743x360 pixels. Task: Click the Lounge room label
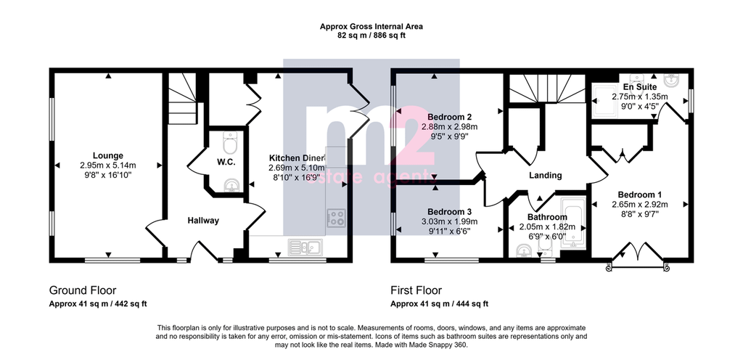[108, 155]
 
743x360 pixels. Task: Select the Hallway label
[203, 221]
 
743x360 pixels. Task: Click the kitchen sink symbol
[305, 246]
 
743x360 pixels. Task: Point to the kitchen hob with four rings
[336, 218]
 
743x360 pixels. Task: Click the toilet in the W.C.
[230, 142]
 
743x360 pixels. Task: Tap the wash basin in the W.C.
[231, 185]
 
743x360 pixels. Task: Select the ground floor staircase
[182, 99]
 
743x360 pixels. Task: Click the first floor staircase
[546, 88]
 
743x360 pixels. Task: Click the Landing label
[545, 176]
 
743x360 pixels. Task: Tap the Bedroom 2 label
[449, 117]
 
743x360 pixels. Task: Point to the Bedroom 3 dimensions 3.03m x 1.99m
[449, 221]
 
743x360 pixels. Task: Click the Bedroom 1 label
[639, 195]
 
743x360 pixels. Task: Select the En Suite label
[640, 87]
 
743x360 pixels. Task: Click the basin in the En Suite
[673, 81]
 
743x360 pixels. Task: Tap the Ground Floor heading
[83, 290]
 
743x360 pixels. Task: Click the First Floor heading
[416, 290]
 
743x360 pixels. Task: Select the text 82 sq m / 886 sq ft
[371, 35]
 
